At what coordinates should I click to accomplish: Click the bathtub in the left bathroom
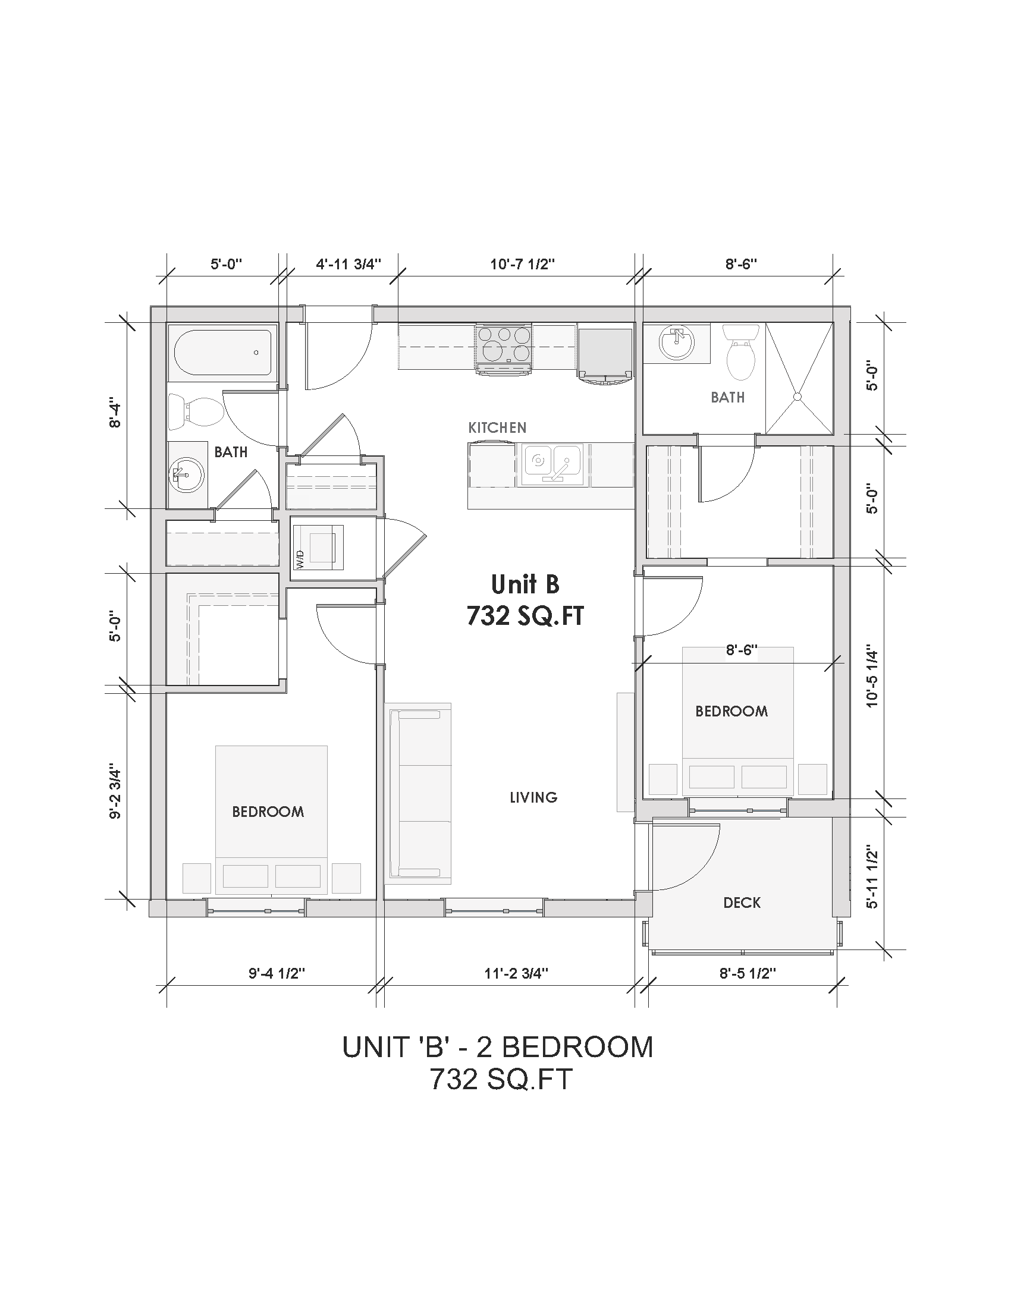pyautogui.click(x=222, y=353)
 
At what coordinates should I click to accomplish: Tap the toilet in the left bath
pyautogui.click(x=194, y=411)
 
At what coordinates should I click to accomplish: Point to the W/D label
pyautogui.click(x=299, y=559)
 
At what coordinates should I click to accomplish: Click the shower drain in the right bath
pyautogui.click(x=797, y=397)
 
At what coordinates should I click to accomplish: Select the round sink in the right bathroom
pyautogui.click(x=677, y=343)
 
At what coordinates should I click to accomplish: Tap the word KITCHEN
pyautogui.click(x=497, y=427)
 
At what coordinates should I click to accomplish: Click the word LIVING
pyautogui.click(x=533, y=797)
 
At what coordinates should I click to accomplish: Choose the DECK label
pyautogui.click(x=742, y=903)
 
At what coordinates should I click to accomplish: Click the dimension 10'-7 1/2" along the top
pyautogui.click(x=522, y=264)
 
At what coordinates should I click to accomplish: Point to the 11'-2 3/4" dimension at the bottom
pyautogui.click(x=516, y=973)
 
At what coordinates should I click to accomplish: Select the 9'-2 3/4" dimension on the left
pyautogui.click(x=115, y=794)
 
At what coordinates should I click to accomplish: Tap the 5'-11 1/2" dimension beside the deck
pyautogui.click(x=872, y=879)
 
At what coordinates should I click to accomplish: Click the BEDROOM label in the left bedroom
pyautogui.click(x=268, y=812)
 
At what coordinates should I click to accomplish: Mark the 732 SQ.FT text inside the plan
pyautogui.click(x=525, y=616)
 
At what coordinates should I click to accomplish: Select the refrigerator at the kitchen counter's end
pyautogui.click(x=605, y=353)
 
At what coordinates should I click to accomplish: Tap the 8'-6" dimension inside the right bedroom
pyautogui.click(x=742, y=650)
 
